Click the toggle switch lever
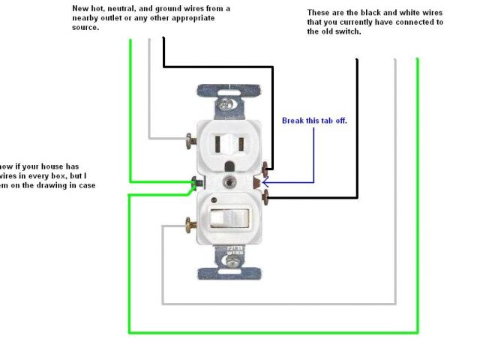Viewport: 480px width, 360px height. click(x=230, y=217)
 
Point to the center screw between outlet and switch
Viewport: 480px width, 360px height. click(x=229, y=181)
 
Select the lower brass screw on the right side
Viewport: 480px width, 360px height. click(x=268, y=197)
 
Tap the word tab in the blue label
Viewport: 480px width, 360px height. click(x=331, y=120)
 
